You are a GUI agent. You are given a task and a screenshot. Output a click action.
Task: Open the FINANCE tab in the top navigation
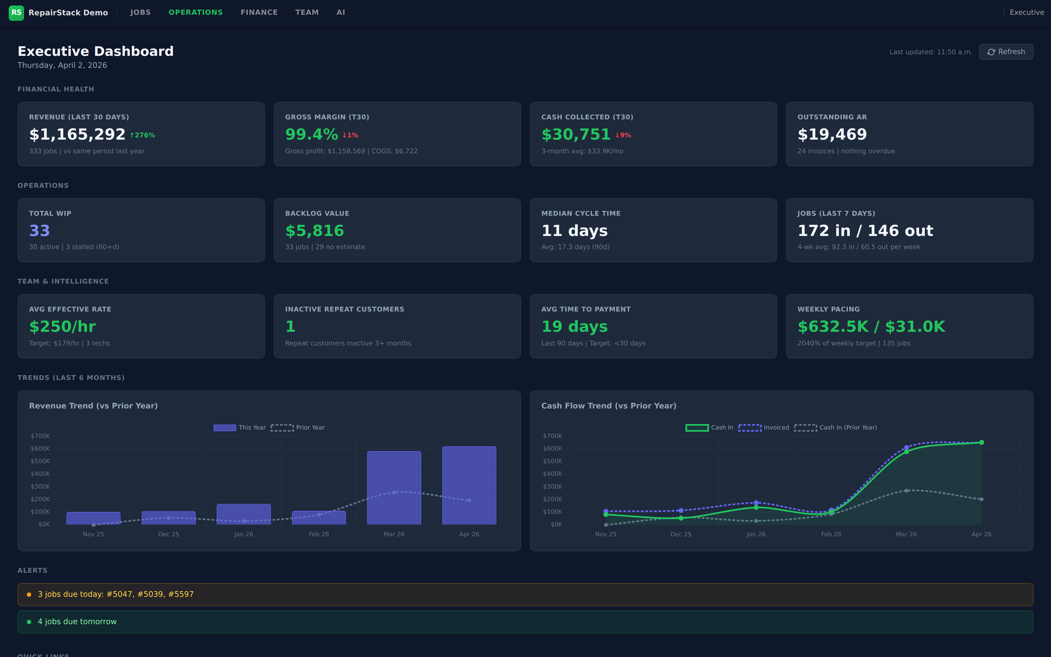259,12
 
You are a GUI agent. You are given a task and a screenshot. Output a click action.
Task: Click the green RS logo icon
16,13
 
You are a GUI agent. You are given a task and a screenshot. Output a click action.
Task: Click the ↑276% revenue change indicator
142,135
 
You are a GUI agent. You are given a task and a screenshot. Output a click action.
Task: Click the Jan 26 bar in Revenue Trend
244,514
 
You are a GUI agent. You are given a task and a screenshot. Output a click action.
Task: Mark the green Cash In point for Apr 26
981,442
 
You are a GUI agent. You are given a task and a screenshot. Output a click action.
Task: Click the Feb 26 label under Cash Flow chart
831,534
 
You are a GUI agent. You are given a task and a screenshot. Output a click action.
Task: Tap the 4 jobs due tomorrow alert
77,621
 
